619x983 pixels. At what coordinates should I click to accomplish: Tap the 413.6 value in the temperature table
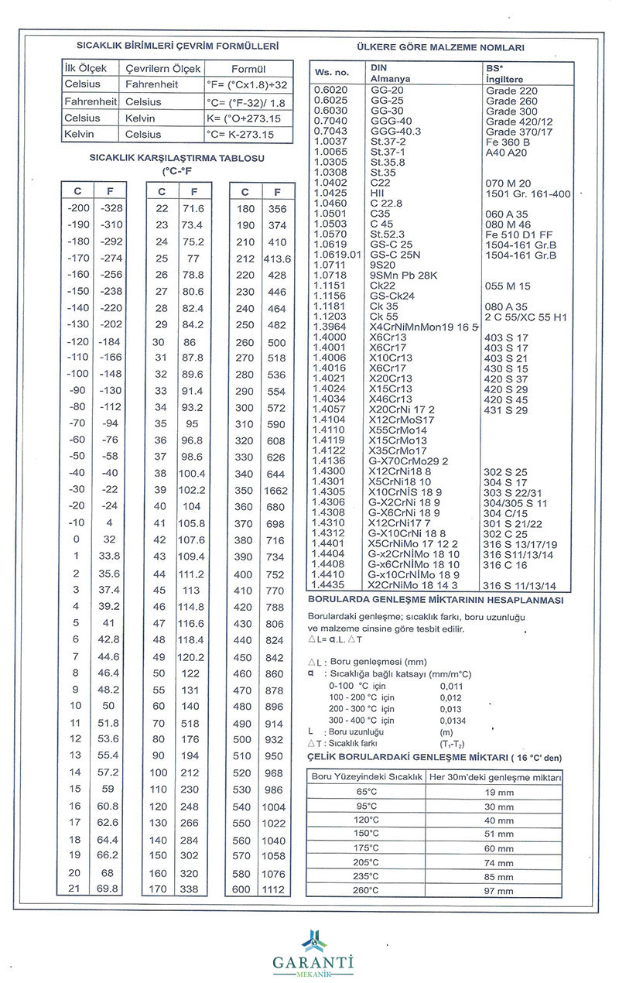(275, 259)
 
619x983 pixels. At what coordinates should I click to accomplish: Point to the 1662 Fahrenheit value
(275, 491)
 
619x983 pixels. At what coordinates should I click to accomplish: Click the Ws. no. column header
(332, 73)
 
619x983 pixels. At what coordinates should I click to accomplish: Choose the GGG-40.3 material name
(396, 131)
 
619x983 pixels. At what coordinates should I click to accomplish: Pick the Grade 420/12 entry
(518, 122)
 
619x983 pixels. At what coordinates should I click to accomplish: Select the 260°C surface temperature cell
(365, 890)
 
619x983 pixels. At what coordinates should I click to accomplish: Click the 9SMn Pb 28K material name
(404, 275)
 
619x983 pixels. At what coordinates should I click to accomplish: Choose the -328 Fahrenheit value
(111, 209)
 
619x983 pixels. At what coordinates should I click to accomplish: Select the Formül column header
(248, 69)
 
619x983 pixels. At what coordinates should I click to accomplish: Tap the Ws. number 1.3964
(332, 327)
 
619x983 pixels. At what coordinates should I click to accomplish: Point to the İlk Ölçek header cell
(89, 69)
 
